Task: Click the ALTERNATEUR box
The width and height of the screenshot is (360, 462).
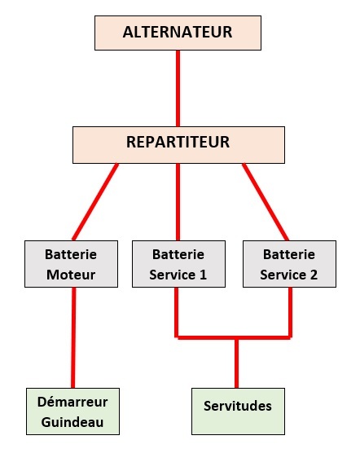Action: (x=178, y=33)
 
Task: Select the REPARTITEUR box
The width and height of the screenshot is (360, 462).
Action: (x=178, y=145)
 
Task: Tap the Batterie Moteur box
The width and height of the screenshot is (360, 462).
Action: (x=72, y=264)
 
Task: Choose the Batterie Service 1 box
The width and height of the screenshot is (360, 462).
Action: (x=178, y=264)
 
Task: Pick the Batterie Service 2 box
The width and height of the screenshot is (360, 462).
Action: (x=289, y=264)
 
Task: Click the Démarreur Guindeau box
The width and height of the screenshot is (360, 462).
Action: (x=72, y=411)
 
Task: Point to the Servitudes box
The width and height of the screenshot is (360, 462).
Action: (x=238, y=411)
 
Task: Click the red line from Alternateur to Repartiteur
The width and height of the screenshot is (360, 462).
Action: (x=178, y=88)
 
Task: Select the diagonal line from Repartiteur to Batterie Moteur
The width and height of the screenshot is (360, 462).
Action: (x=95, y=202)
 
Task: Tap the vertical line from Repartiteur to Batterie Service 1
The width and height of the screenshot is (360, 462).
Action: (x=178, y=202)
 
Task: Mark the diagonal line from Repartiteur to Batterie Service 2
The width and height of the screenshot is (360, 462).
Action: (x=266, y=202)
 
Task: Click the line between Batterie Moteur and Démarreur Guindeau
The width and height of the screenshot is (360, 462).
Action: (x=73, y=337)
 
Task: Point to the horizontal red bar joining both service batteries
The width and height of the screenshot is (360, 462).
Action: (x=233, y=337)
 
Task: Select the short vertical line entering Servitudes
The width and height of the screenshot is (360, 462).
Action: (x=236, y=363)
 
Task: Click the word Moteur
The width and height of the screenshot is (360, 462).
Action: (x=71, y=275)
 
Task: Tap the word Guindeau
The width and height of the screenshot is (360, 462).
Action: (x=72, y=422)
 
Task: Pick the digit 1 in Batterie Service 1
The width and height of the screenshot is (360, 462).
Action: (x=203, y=275)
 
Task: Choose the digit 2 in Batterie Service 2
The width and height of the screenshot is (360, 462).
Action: (x=314, y=275)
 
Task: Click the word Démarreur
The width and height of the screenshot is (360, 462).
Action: (x=72, y=402)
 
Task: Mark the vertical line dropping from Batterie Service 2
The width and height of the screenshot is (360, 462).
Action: (x=290, y=312)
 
